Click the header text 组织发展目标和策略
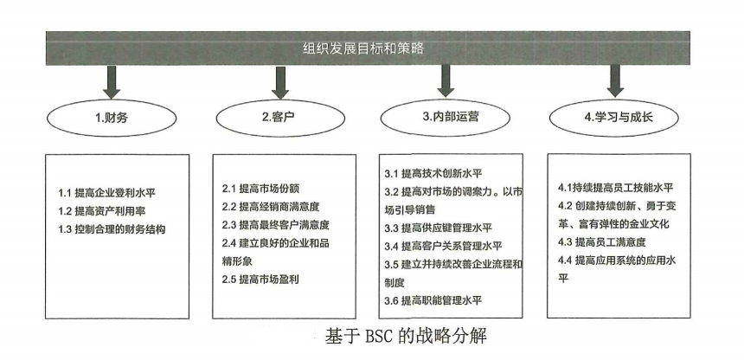tap(363, 48)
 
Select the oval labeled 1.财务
tap(112, 118)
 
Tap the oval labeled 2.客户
tap(280, 118)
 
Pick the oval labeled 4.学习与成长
tap(614, 117)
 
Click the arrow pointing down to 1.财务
tap(112, 81)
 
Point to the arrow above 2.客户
tap(280, 81)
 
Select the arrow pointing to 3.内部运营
tap(446, 80)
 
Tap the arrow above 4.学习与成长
tap(615, 80)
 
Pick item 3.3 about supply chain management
tap(439, 228)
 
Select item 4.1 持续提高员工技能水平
tap(616, 188)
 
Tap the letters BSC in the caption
tap(382, 337)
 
